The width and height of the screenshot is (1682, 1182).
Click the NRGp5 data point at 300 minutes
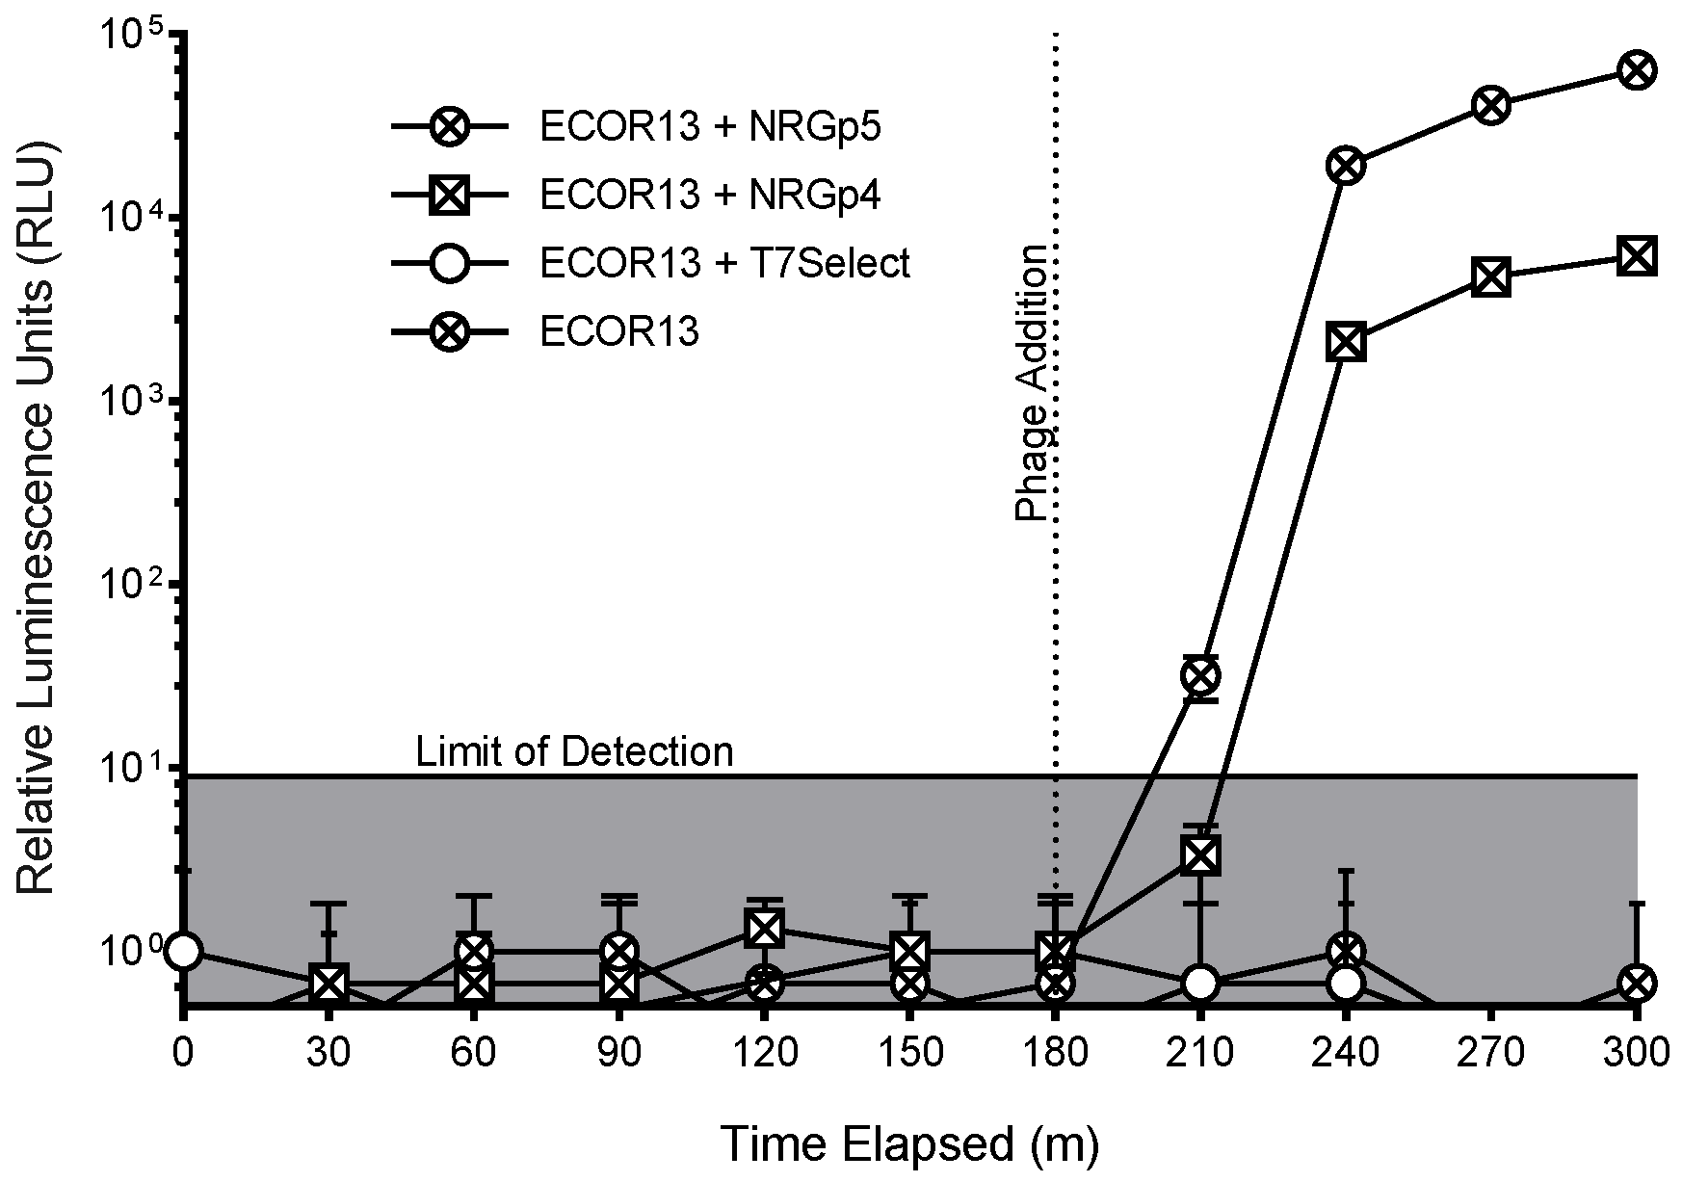1637,70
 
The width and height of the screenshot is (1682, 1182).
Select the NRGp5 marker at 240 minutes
1346,166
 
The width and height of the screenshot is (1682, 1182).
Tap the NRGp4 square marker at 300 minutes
1637,256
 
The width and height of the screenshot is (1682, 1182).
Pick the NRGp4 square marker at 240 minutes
1346,343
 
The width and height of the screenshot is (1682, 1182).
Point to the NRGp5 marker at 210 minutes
1200,677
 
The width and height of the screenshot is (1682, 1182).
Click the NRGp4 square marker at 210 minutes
1200,854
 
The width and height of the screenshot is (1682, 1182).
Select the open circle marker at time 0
183,951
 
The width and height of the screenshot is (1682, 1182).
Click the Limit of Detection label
574,751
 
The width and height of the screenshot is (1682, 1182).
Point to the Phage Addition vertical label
1032,383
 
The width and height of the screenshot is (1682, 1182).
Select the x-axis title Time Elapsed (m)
909,1144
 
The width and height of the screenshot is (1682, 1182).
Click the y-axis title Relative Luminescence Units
37,520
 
